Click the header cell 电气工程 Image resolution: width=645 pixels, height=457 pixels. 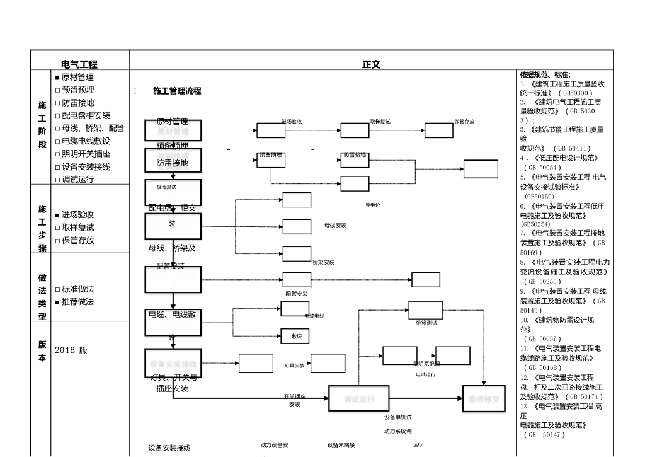click(79, 64)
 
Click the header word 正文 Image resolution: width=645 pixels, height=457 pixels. click(371, 64)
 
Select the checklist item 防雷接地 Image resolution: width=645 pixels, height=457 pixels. click(77, 103)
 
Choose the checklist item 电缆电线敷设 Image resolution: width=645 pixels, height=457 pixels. click(86, 141)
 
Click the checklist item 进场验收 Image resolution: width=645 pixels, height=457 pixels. click(77, 215)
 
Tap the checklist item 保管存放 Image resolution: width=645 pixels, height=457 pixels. click(77, 240)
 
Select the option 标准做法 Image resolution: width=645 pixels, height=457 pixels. click(77, 289)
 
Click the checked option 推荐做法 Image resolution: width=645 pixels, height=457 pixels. click(77, 302)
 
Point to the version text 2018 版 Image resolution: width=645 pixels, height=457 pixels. click(71, 350)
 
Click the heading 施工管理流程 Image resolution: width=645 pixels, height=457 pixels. click(177, 91)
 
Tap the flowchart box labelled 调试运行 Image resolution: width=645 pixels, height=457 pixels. click(359, 399)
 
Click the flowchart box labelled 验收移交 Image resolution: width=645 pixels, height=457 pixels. click(484, 399)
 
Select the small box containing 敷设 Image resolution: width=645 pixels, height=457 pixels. click(295, 337)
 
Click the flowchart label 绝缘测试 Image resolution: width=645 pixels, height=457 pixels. click(426, 323)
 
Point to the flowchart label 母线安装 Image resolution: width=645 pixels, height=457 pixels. click(335, 225)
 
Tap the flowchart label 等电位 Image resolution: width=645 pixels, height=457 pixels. click(372, 205)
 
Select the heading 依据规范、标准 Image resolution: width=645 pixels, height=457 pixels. click(545, 75)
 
